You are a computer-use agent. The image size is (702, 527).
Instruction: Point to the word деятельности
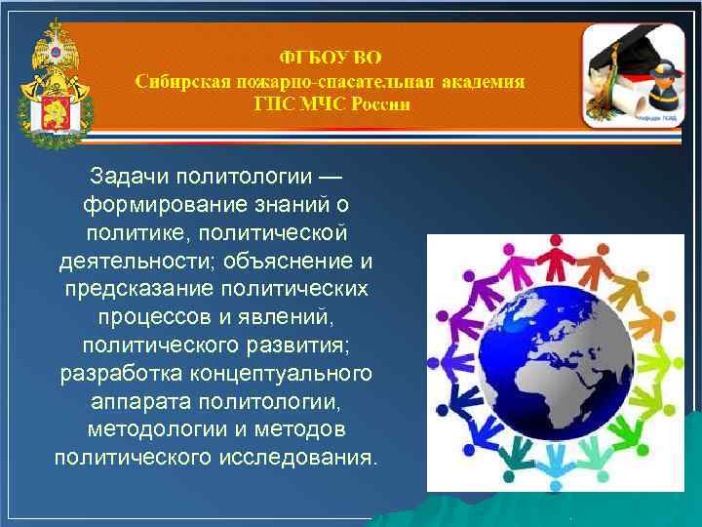136,263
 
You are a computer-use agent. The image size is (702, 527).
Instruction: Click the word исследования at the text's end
302,458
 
